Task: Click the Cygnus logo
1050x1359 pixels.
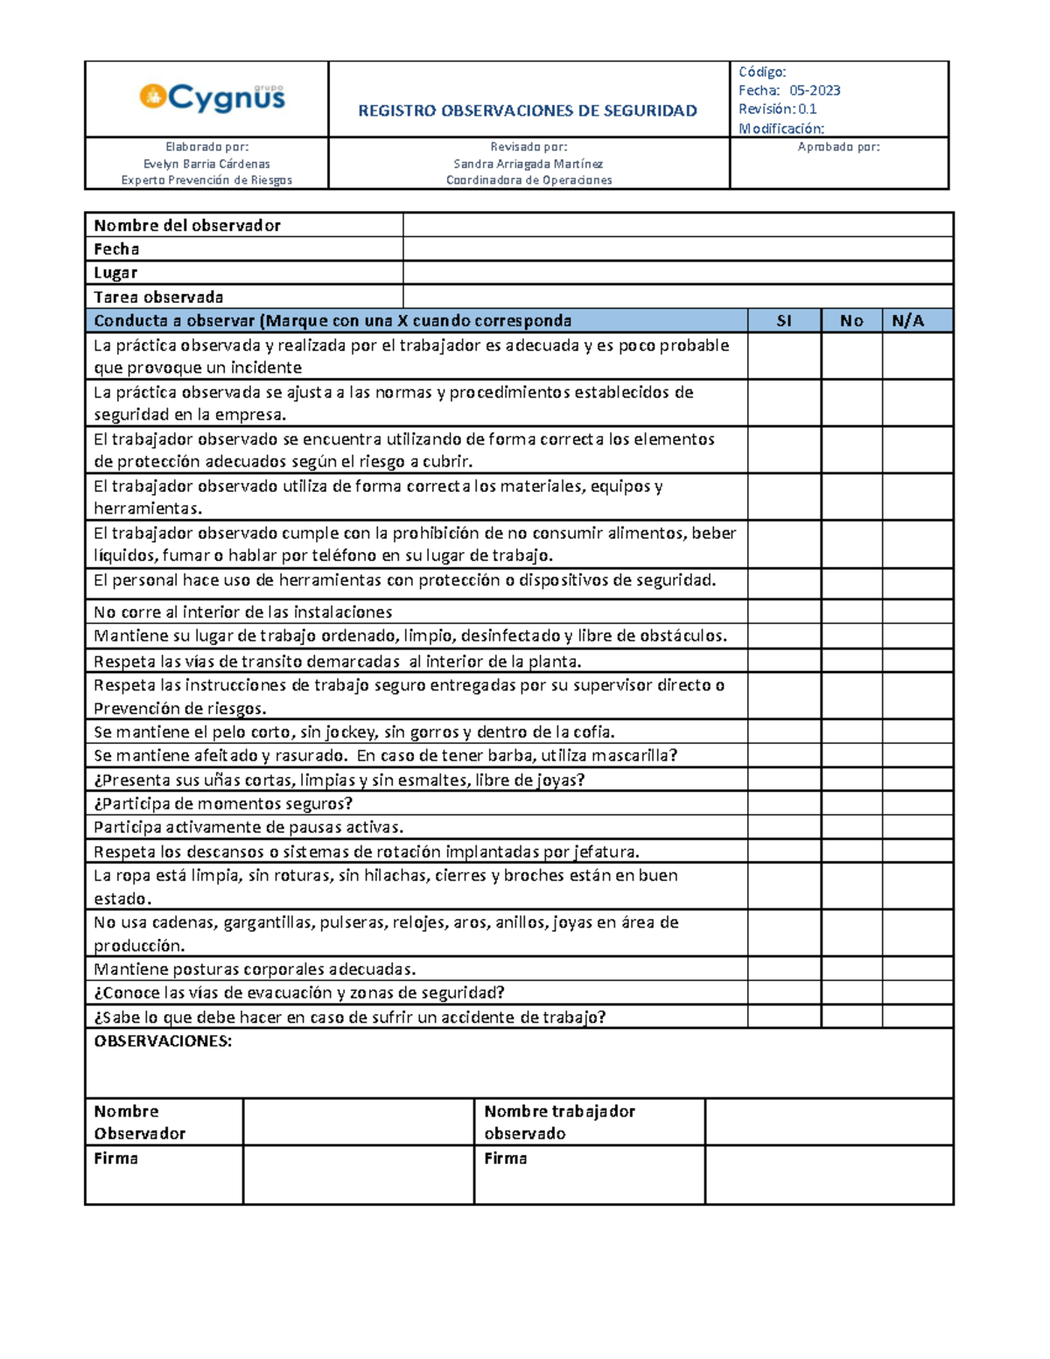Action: pyautogui.click(x=213, y=97)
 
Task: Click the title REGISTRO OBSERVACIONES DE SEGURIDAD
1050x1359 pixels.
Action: pyautogui.click(x=528, y=110)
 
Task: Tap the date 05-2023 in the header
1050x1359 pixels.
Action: pyautogui.click(x=815, y=90)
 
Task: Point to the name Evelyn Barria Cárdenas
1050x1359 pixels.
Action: pyautogui.click(x=206, y=164)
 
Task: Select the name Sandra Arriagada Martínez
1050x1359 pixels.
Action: pyautogui.click(x=528, y=164)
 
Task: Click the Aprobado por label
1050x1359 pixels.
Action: pyautogui.click(x=838, y=147)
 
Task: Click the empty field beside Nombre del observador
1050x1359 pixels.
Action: pyautogui.click(x=677, y=225)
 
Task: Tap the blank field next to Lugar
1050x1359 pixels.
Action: pyautogui.click(x=677, y=273)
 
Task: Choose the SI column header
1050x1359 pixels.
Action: pyautogui.click(x=784, y=320)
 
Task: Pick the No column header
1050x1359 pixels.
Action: pyautogui.click(x=850, y=320)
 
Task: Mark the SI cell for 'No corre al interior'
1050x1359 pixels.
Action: pyautogui.click(x=784, y=612)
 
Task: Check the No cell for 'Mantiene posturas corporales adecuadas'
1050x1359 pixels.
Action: pyautogui.click(x=850, y=969)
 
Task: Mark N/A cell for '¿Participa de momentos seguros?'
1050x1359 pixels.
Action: pyautogui.click(x=916, y=803)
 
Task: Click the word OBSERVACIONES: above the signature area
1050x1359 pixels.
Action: pyautogui.click(x=163, y=1041)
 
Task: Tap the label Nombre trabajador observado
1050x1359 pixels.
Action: pyautogui.click(x=559, y=1122)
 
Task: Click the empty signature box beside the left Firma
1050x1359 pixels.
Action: pyautogui.click(x=358, y=1175)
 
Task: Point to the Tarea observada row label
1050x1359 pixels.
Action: pyautogui.click(x=158, y=297)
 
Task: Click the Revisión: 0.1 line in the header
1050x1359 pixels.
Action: pyautogui.click(x=777, y=109)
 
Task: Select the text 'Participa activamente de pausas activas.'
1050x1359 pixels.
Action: pyautogui.click(x=248, y=827)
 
